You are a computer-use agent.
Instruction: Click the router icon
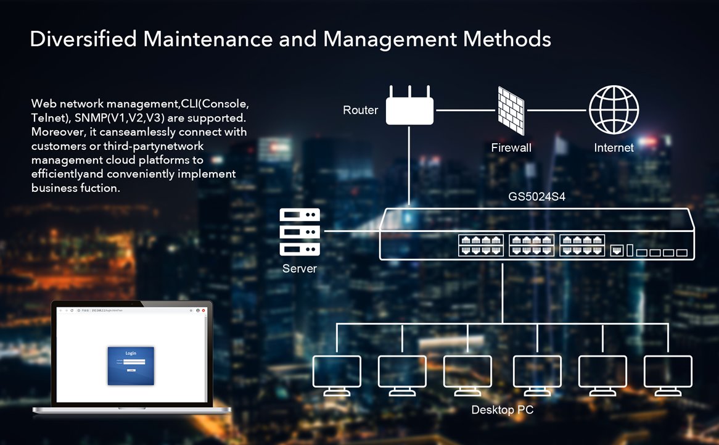[409, 109]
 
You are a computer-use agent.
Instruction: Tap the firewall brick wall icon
[511, 110]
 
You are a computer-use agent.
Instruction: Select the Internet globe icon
[614, 110]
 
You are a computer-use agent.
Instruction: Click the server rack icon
[300, 232]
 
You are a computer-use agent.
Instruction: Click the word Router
[360, 110]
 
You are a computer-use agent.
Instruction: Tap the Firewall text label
[511, 148]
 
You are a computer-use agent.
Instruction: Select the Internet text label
[614, 148]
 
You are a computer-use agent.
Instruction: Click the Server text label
[300, 268]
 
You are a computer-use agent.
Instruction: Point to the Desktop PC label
[503, 410]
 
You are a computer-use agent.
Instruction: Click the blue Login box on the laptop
[131, 365]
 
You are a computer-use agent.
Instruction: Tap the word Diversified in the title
[83, 39]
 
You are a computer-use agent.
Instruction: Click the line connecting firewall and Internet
[556, 110]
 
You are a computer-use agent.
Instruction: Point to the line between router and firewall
[466, 110]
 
